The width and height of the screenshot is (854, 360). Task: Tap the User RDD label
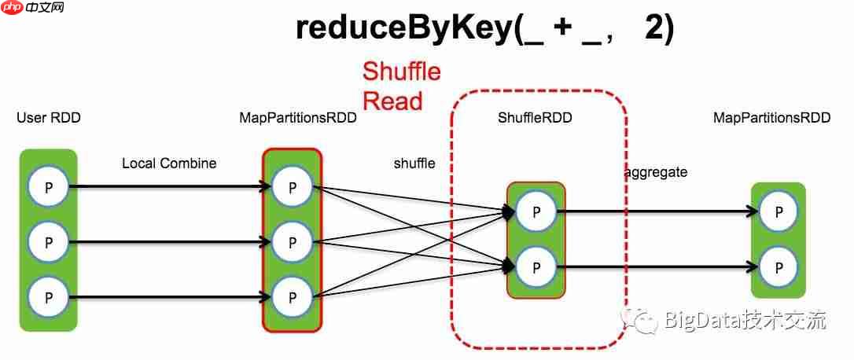[x=49, y=119]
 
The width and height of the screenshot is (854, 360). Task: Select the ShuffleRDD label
[x=535, y=119]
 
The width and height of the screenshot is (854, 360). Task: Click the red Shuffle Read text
[x=401, y=86]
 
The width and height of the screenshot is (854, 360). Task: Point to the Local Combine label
[x=169, y=163]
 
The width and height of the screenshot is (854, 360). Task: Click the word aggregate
[x=656, y=172]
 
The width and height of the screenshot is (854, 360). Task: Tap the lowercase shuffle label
[x=414, y=163]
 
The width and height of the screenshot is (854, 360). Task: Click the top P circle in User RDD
[x=48, y=187]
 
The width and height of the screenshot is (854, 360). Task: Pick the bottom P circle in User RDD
[x=48, y=298]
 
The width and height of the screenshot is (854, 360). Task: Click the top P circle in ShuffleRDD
[x=536, y=211]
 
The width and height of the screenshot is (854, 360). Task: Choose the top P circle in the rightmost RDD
[x=779, y=211]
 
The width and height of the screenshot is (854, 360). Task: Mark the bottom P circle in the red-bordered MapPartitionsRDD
[x=293, y=298]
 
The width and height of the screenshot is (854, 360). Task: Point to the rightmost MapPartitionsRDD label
[x=771, y=119]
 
